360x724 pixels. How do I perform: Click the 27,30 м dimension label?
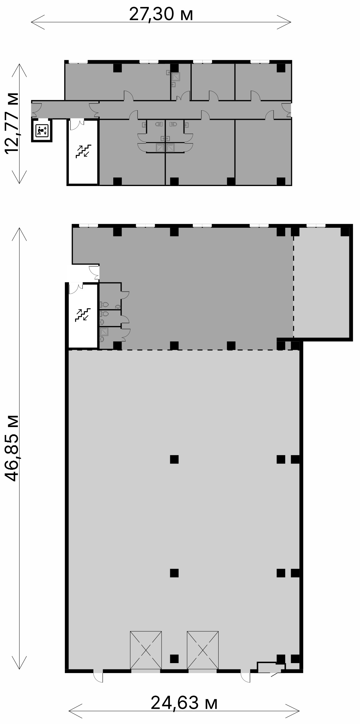tap(161, 14)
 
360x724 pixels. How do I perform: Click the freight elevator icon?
tap(42, 130)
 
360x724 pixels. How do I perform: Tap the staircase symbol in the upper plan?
tap(83, 151)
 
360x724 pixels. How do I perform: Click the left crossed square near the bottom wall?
tap(146, 650)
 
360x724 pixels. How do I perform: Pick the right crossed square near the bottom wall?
tap(203, 650)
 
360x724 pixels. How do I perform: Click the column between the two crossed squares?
tap(174, 659)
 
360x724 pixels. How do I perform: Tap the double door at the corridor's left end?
tap(37, 109)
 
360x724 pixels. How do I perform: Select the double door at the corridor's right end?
tap(286, 110)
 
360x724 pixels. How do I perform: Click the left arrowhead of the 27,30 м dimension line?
tap(37, 22)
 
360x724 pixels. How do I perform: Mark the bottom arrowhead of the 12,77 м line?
tap(20, 177)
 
